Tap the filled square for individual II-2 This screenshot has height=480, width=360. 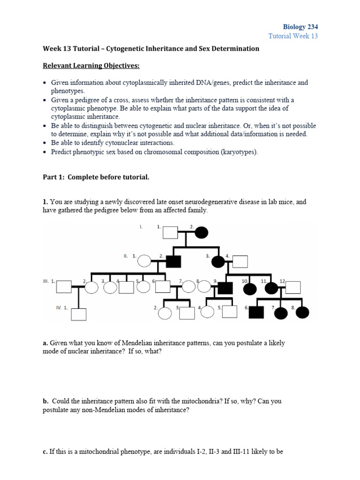point(173,261)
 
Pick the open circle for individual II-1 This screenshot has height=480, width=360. point(145,261)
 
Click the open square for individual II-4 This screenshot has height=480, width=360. point(240,261)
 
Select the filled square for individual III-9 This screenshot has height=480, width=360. point(225,287)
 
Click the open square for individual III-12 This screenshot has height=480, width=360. point(293,287)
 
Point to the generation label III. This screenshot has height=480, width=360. point(45,281)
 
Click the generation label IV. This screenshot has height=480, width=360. point(59,307)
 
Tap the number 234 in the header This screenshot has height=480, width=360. point(312,27)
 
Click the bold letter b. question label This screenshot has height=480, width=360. point(45,401)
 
